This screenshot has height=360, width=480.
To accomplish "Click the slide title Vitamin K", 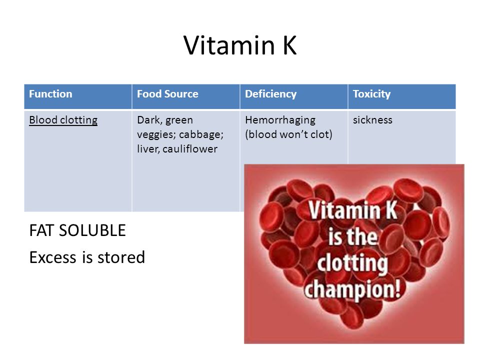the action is tap(240, 45).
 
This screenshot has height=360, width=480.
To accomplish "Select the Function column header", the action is tap(50, 93).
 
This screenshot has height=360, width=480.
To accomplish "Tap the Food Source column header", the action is tap(167, 93).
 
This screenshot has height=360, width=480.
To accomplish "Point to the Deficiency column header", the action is tap(270, 94).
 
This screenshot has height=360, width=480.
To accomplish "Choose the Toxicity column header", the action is tap(371, 94).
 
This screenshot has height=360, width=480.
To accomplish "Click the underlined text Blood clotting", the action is tap(63, 120).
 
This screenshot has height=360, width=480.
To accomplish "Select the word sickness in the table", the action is tap(372, 120).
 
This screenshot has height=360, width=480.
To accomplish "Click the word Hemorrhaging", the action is tap(280, 120).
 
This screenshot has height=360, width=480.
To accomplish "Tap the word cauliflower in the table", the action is tap(190, 149).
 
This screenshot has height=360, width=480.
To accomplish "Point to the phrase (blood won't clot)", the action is tap(288, 134).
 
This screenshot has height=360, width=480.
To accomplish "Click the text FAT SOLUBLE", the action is tap(77, 230).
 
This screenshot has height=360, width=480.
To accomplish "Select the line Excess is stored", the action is tap(87, 257).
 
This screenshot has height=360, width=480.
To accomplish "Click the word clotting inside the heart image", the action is tap(352, 263).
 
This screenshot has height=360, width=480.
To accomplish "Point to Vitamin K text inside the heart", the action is tap(352, 210).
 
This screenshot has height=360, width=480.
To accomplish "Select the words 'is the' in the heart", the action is tap(352, 236).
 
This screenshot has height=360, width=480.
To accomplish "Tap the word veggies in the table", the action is tap(156, 134).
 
